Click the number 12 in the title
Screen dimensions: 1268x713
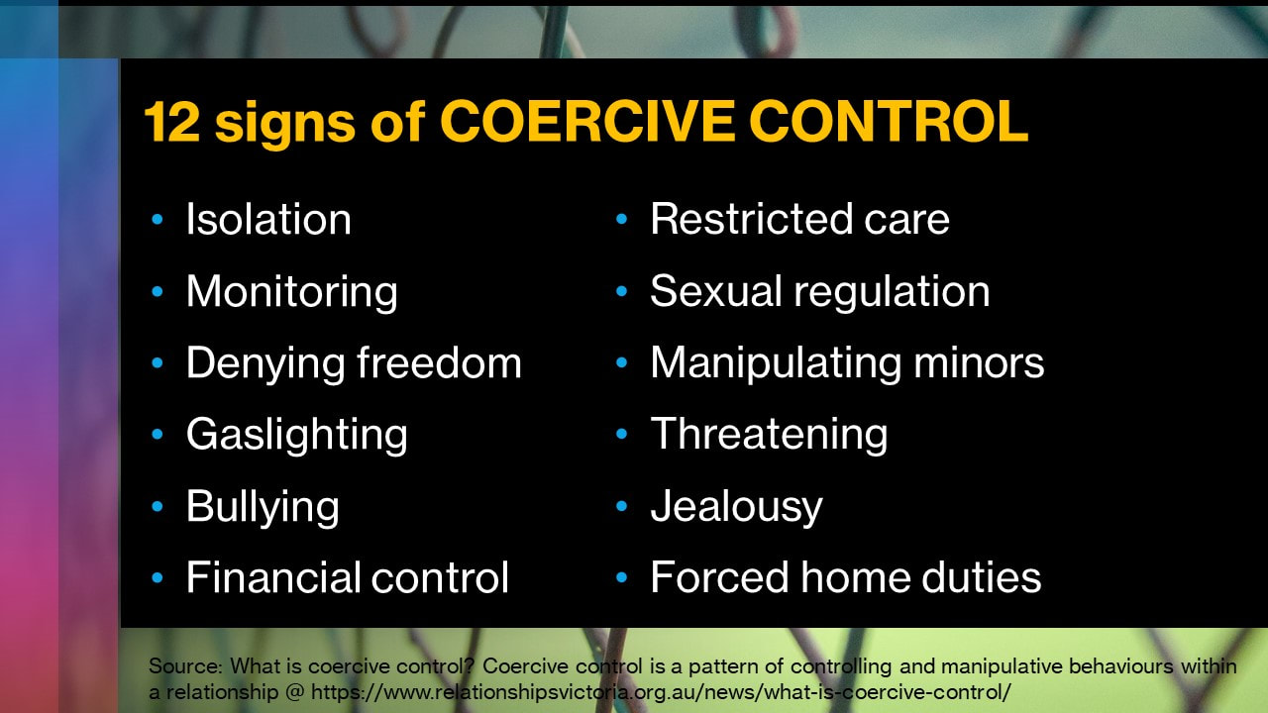click(172, 121)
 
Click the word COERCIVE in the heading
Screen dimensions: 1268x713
click(586, 121)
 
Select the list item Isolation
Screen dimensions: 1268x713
click(268, 219)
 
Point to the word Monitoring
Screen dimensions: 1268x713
click(292, 292)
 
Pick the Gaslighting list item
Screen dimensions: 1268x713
click(297, 436)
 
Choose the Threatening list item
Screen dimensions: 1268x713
click(770, 436)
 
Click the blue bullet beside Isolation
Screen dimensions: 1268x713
click(158, 219)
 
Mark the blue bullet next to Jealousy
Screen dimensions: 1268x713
click(621, 506)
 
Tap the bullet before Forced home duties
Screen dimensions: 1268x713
click(621, 577)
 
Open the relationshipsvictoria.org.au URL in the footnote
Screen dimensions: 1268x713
click(661, 691)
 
